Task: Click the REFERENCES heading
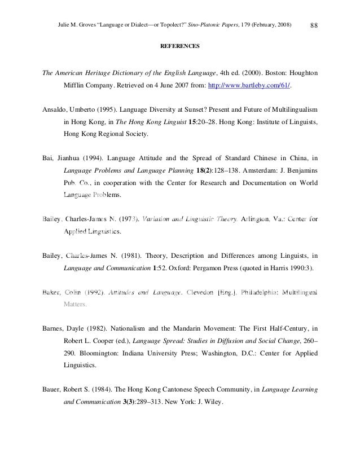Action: pyautogui.click(x=181, y=45)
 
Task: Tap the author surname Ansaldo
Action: pyautogui.click(x=56, y=108)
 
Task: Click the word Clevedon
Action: pyautogui.click(x=201, y=292)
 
